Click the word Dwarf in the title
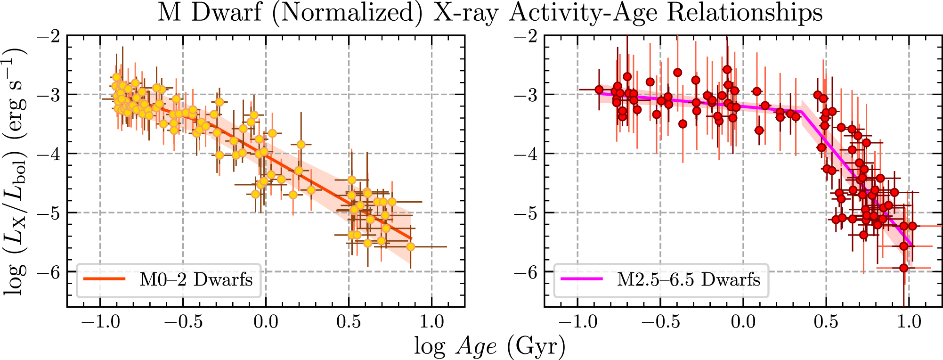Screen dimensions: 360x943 pos(226,13)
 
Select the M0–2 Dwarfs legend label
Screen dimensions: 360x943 pos(196,279)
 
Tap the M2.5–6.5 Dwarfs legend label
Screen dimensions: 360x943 pos(689,279)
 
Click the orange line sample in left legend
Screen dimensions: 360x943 pos(105,279)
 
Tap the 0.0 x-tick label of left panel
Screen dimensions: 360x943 pos(266,322)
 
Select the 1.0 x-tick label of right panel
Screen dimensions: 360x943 pos(909,322)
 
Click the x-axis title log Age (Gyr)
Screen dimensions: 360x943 pos(490,347)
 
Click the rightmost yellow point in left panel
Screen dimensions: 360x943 pos(410,246)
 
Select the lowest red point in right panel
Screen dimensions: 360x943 pos(903,268)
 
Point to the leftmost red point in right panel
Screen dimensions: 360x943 pos(599,90)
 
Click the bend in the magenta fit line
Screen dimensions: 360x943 pos(801,112)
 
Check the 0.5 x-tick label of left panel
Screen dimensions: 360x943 pos(349,322)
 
